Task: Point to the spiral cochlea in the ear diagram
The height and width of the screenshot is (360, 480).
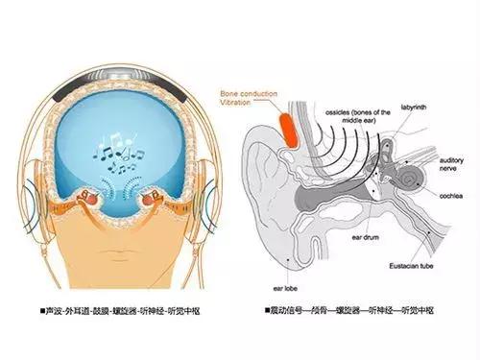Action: click(x=414, y=180)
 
